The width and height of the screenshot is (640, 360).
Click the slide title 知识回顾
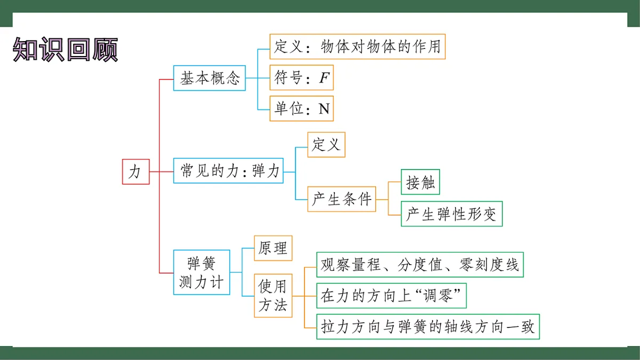(65, 50)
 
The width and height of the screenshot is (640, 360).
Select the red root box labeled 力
(135, 171)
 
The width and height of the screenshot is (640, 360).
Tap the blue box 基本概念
(210, 78)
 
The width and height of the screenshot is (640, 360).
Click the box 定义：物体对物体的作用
(357, 46)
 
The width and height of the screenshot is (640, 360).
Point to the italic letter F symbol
(324, 79)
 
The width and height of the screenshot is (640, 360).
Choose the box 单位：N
(301, 109)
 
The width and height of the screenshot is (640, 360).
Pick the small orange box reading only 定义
(326, 145)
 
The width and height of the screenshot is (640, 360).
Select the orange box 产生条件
(341, 199)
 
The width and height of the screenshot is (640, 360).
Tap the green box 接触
(420, 182)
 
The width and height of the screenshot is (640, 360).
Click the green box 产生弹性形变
(451, 214)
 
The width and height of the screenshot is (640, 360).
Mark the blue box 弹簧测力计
(202, 272)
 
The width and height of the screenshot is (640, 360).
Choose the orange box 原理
(273, 248)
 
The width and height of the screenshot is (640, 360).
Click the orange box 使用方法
(273, 295)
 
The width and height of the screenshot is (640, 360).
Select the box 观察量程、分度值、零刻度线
(420, 265)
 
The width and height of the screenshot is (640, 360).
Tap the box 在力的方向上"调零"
(391, 295)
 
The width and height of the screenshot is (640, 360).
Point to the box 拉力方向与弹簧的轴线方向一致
(428, 326)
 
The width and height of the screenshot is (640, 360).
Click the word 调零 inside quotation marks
(437, 295)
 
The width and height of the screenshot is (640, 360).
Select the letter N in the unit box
(324, 109)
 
